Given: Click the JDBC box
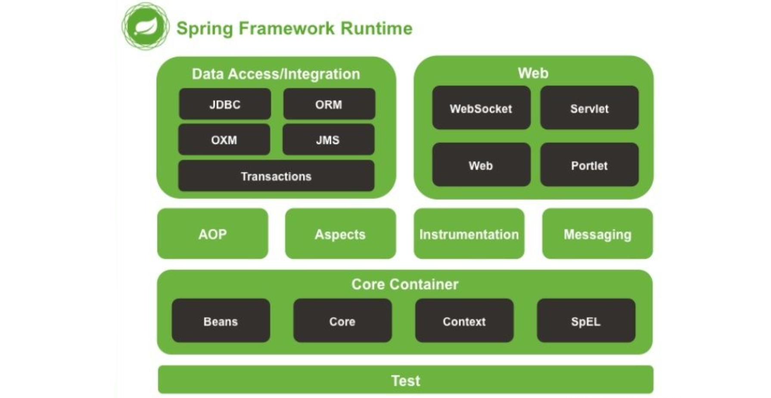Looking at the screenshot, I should coord(225,104).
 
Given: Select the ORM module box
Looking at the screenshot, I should coord(329,104).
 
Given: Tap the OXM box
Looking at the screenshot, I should coord(224,140).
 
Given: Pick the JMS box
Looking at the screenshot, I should coord(328,140).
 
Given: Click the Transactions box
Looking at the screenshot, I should coord(276,176).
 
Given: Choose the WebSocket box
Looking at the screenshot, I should coord(481,108).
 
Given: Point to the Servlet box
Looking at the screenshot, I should coord(589,108).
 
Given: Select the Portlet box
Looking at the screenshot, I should coord(589,165).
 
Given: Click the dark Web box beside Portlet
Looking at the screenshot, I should coord(481,165).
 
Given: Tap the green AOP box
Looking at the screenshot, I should coord(212,234).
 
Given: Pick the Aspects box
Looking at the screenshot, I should coord(340,234).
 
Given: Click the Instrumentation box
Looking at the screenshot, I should coord(469,234).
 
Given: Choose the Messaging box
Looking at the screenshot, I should coord(597,234).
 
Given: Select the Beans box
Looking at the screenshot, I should coord(221,321).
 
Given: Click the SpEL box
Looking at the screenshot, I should coord(586,321).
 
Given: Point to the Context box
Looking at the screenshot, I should coord(464,321).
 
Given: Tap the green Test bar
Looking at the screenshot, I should coord(405,380).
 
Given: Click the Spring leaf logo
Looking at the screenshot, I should coord(145,27).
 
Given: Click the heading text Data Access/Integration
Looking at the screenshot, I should coord(276,74).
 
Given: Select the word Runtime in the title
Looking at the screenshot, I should coord(376,28).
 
